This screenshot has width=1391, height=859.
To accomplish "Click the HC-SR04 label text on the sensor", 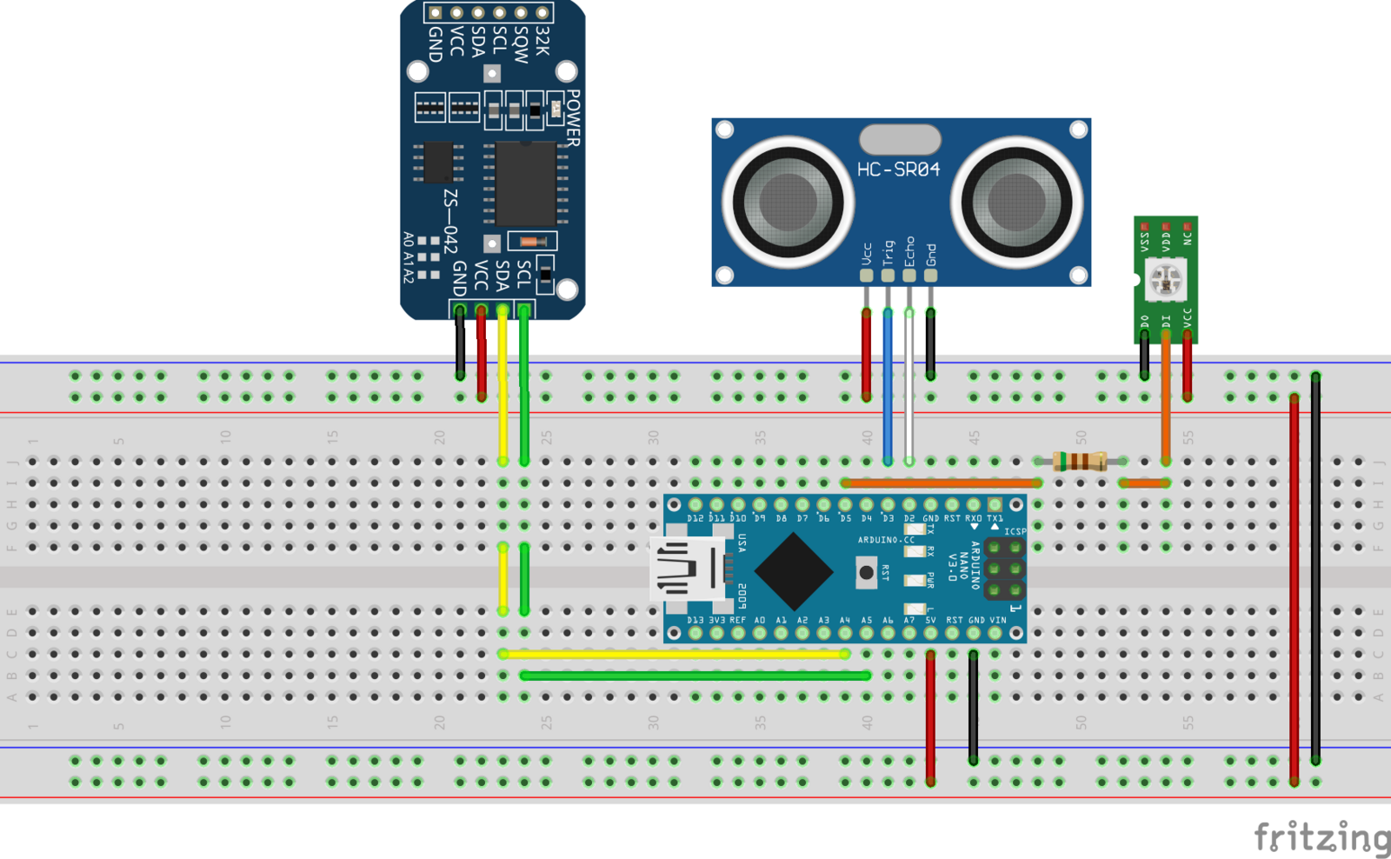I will point(898,170).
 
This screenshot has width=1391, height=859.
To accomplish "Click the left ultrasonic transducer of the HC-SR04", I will point(788,202).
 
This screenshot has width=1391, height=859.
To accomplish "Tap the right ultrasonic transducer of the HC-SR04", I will point(1015,202).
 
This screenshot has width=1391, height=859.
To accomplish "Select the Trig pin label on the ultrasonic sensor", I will point(888,253).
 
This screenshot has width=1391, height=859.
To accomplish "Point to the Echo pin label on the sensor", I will point(909,251).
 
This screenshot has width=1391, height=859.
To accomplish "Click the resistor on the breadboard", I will point(1079,461).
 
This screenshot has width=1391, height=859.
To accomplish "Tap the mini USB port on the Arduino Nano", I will point(687,569).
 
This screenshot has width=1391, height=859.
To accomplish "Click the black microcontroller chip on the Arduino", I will point(793,571).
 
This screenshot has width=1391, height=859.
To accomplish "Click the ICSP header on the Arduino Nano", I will point(1004,569).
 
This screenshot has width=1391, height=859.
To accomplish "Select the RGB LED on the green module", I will point(1165,280).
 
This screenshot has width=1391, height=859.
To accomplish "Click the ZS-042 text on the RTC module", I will point(450,221).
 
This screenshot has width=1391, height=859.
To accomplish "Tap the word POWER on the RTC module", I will point(573,117).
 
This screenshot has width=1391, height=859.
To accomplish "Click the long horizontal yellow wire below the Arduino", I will point(675,654).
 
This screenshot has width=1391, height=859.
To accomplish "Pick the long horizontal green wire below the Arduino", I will point(695,676).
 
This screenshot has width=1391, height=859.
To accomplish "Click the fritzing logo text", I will point(1321,837).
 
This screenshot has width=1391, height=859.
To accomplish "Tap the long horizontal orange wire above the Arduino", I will point(941,483).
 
